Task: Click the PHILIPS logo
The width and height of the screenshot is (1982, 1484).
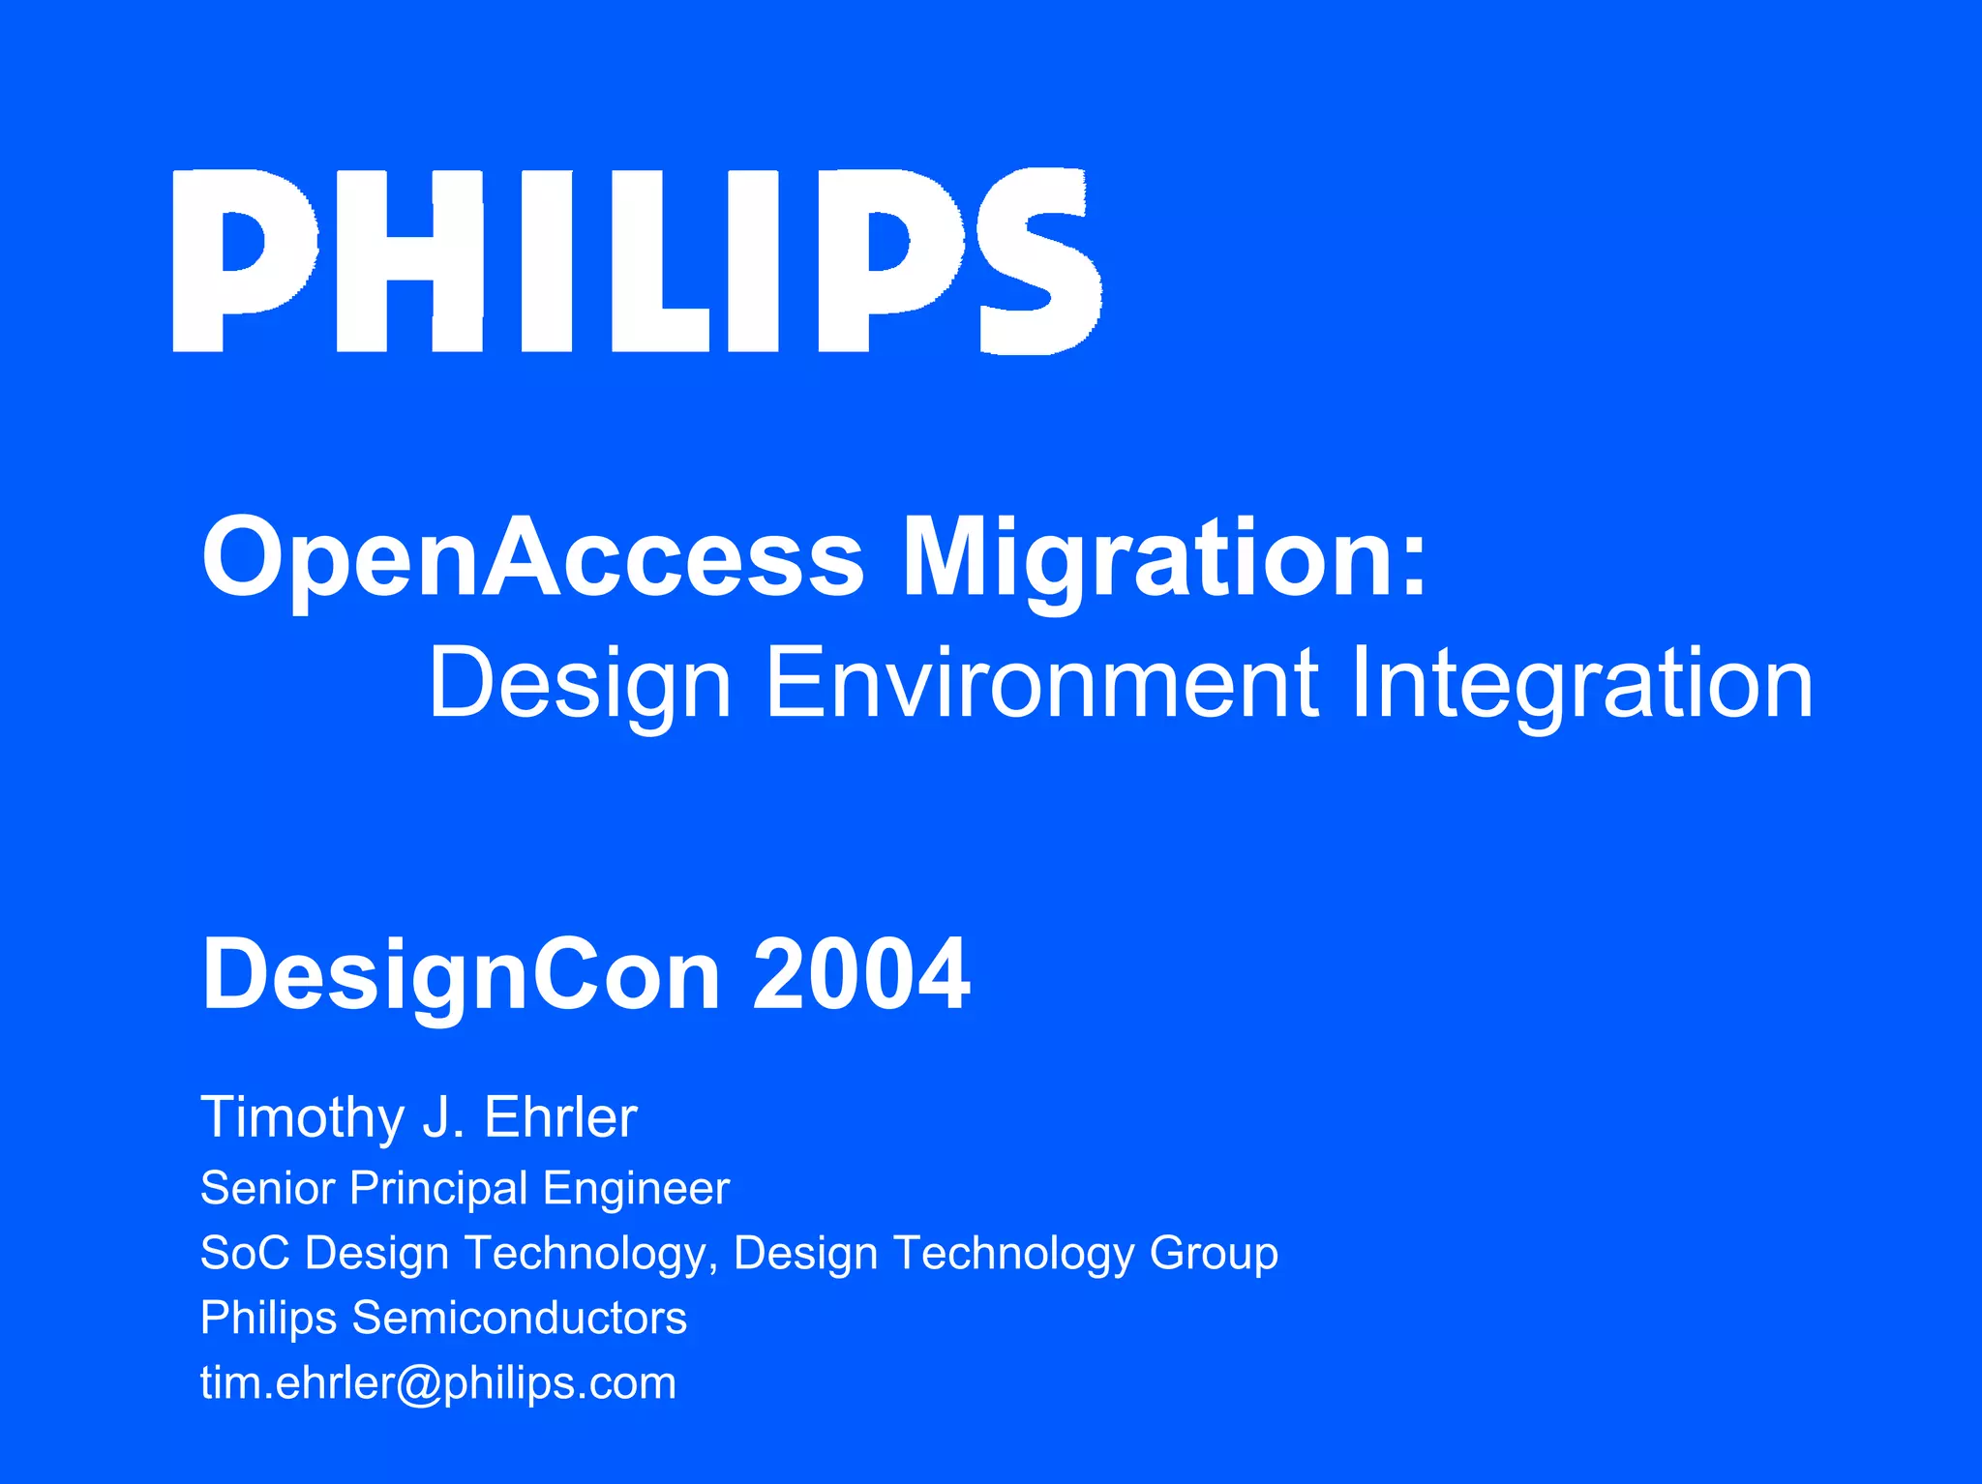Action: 637,261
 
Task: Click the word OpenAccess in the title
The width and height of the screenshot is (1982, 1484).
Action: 532,559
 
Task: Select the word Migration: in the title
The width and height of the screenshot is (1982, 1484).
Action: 1164,559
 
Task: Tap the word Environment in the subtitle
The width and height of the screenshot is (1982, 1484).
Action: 1041,684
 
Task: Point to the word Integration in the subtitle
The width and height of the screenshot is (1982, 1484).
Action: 1580,684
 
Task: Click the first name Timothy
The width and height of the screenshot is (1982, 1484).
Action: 303,1118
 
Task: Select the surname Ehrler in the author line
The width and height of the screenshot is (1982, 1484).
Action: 560,1117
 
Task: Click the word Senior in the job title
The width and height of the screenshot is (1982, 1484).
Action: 268,1188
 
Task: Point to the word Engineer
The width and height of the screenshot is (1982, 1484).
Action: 636,1188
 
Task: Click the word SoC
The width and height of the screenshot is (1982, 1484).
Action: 244,1253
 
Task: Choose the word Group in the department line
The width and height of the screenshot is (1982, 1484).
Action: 1214,1255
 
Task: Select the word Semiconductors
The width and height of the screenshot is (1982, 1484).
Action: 520,1318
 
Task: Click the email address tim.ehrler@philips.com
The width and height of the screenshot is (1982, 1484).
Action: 438,1383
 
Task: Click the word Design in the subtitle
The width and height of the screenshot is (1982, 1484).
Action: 580,684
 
